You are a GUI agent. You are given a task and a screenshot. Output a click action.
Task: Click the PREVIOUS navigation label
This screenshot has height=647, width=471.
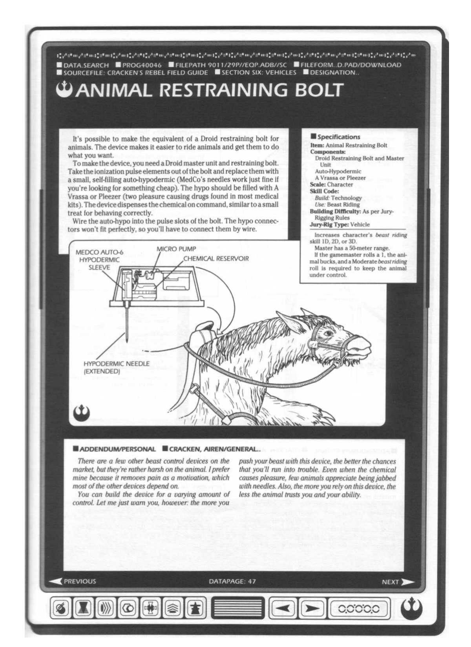click(x=80, y=581)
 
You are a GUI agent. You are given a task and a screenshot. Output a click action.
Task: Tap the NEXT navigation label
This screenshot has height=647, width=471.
click(x=390, y=582)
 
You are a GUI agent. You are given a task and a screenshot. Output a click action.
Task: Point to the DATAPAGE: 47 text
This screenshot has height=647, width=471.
click(x=232, y=581)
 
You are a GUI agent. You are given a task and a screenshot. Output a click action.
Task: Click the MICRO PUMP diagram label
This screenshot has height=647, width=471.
click(x=176, y=249)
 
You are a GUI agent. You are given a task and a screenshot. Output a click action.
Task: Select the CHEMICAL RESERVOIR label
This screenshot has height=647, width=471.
click(x=216, y=259)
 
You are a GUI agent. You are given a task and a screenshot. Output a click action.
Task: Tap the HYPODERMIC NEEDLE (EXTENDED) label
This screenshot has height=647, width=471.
click(x=116, y=367)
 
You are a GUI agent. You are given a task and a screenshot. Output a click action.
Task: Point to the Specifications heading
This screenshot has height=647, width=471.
click(x=338, y=137)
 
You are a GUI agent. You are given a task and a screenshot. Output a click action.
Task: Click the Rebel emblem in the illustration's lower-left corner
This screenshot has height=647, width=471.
click(x=81, y=412)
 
